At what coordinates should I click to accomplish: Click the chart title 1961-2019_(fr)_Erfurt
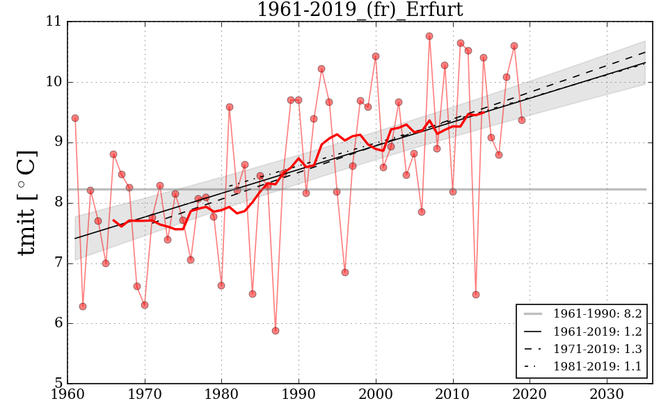click(x=360, y=10)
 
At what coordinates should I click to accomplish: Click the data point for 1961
click(x=75, y=118)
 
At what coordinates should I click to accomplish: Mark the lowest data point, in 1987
click(x=276, y=331)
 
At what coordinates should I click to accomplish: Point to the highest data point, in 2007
click(x=429, y=36)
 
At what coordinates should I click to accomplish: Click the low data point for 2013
click(x=476, y=295)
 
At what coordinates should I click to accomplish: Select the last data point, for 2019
click(x=522, y=120)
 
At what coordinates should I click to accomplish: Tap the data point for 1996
click(x=345, y=272)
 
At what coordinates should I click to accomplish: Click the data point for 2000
click(x=376, y=56)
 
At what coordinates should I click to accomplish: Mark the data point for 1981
click(x=230, y=107)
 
